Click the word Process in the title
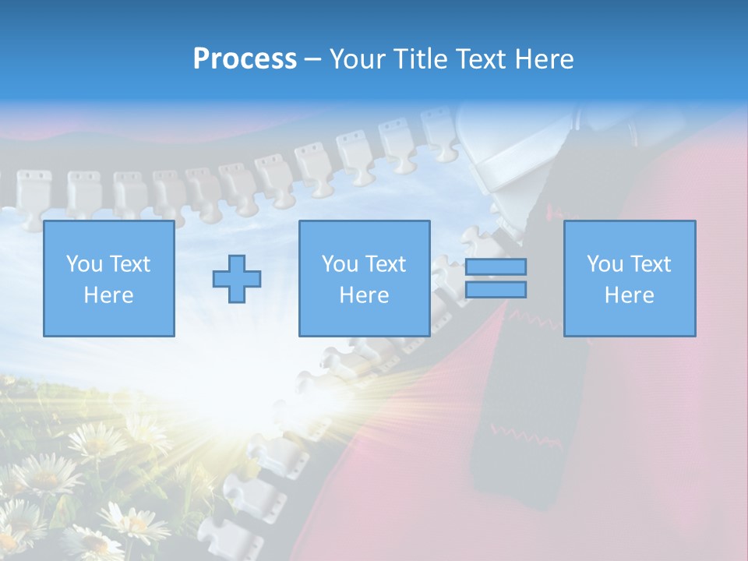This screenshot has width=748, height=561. pyautogui.click(x=245, y=58)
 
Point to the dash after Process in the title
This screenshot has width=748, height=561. pyautogui.click(x=312, y=60)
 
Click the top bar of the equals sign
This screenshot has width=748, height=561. pyautogui.click(x=496, y=266)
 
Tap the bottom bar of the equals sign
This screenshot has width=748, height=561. pyautogui.click(x=496, y=289)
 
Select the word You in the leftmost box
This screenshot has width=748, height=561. pyautogui.click(x=83, y=264)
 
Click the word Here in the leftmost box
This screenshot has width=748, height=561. pyautogui.click(x=108, y=295)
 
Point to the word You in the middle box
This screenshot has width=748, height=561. pyautogui.click(x=340, y=264)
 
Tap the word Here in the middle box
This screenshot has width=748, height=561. pyautogui.click(x=364, y=295)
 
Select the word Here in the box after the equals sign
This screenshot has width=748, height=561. pyautogui.click(x=629, y=295)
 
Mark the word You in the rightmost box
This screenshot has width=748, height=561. pyautogui.click(x=605, y=264)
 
